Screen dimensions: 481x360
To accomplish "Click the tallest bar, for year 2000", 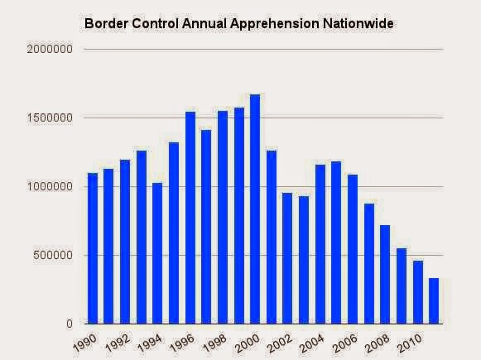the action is pyautogui.click(x=255, y=209).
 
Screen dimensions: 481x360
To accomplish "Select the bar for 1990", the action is pyautogui.click(x=93, y=248).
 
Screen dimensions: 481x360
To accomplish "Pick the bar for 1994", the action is pyautogui.click(x=157, y=253).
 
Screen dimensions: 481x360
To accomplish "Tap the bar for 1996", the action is pyautogui.click(x=190, y=218).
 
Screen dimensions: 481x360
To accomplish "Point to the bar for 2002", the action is pyautogui.click(x=287, y=258).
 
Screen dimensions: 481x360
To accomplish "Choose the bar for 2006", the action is pyautogui.click(x=353, y=249).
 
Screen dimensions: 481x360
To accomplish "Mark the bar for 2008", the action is pyautogui.click(x=385, y=275).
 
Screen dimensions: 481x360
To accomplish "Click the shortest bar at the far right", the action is pyautogui.click(x=434, y=300).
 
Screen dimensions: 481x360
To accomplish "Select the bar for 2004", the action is pyautogui.click(x=320, y=244).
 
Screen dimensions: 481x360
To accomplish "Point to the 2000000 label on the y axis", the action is pyautogui.click(x=50, y=49).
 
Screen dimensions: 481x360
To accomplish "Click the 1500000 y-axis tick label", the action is pyautogui.click(x=50, y=118).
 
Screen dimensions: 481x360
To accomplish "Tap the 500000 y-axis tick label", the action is pyautogui.click(x=53, y=255).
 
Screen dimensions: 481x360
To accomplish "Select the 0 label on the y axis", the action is pyautogui.click(x=70, y=324).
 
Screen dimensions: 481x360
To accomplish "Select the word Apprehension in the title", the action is pyautogui.click(x=274, y=25).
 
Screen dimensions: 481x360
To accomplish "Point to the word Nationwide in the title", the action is pyautogui.click(x=358, y=24).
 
